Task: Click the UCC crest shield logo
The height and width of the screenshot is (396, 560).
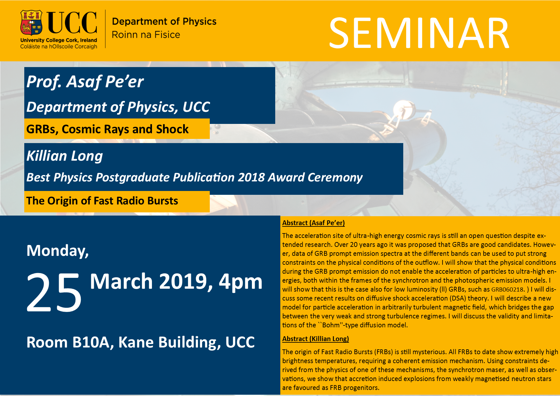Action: pos(31,23)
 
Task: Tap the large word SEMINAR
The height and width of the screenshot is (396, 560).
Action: pos(419,33)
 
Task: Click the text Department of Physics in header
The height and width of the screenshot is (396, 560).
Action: pos(164,21)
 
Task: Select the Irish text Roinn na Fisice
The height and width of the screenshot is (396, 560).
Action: pos(146,34)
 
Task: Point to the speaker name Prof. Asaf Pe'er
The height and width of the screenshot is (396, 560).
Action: pos(85,82)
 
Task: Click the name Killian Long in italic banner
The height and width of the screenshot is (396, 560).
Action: pos(64,156)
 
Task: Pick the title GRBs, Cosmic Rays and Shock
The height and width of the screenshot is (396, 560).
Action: pos(108,129)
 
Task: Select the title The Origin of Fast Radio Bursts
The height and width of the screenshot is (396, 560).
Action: pos(102,201)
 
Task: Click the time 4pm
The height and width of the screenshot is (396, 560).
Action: pos(240,282)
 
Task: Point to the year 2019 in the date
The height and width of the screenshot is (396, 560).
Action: pos(186,281)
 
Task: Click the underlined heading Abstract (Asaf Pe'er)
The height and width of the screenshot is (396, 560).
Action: pos(314,223)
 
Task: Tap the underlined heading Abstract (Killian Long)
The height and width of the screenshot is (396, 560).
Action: pos(315,339)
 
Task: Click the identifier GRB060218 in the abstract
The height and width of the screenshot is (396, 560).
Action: pos(507,290)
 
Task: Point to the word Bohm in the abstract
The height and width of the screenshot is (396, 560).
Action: pos(331,325)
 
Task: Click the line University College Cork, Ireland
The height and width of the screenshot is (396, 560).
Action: pos(59,40)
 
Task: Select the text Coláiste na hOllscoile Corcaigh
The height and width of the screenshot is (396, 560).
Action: pos(59,47)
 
